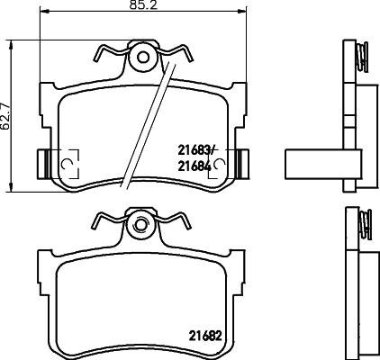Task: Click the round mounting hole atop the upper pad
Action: [140, 57]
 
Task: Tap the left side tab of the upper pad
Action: [41, 161]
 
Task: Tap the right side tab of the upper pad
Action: [241, 161]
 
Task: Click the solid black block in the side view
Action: [315, 163]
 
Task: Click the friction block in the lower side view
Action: [368, 301]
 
